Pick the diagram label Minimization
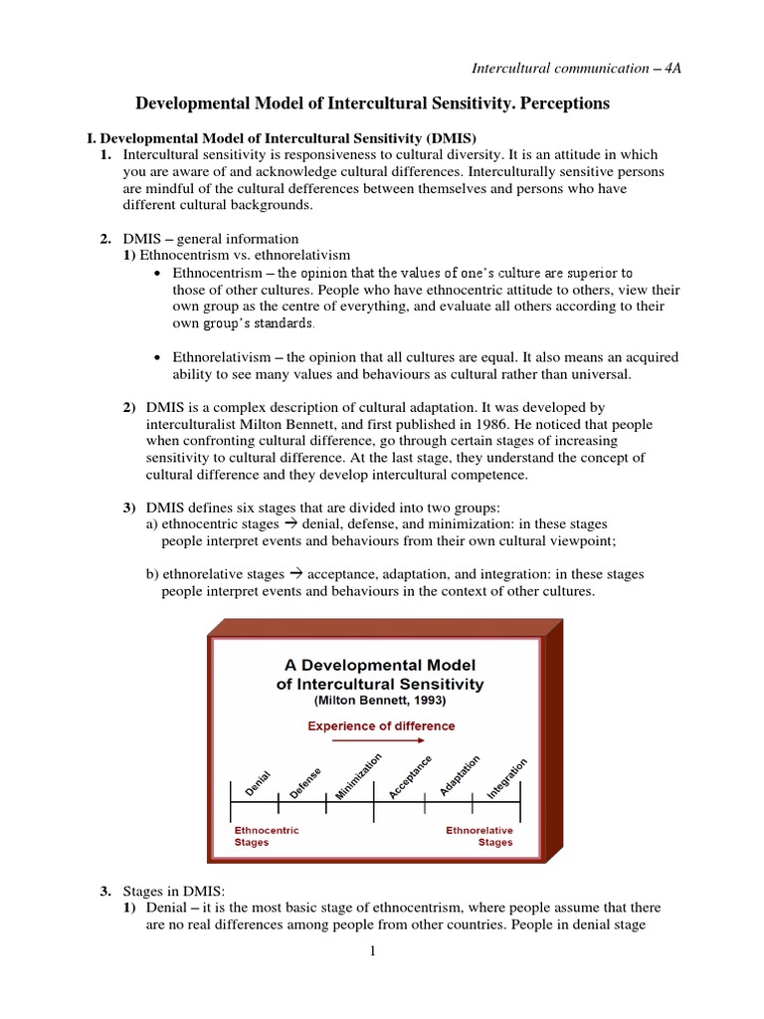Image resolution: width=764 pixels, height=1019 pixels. coord(358,776)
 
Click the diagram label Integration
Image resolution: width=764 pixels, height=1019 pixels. coord(507,777)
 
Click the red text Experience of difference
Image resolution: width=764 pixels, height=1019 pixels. coord(381,725)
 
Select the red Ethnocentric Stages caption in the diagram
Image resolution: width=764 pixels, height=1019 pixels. coord(266,836)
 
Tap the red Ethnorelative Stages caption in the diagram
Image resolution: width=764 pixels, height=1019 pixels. coord(479,836)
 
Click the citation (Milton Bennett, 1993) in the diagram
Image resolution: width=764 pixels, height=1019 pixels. coord(380,701)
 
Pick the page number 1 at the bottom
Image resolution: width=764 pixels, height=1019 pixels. coord(373,951)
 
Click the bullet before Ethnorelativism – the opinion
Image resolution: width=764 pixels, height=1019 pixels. coord(160,357)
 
